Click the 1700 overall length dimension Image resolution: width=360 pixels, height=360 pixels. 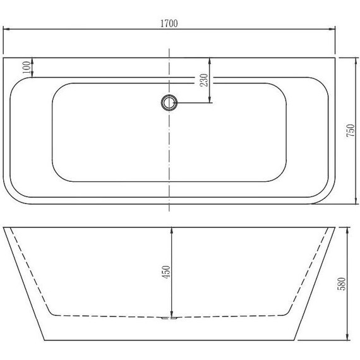pyautogui.click(x=169, y=23)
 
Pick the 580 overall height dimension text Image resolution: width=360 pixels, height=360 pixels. pyautogui.click(x=341, y=284)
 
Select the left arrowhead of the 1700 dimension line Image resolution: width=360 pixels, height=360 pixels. pyautogui.click(x=6, y=30)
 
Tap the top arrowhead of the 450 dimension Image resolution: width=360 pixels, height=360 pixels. pyautogui.click(x=172, y=230)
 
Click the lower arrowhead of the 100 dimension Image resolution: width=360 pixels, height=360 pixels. pyautogui.click(x=31, y=76)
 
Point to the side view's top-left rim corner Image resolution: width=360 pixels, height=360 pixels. pyautogui.click(x=4, y=227)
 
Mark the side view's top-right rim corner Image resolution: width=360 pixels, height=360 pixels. pyautogui.click(x=335, y=227)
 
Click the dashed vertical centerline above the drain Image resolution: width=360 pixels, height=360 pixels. pyautogui.click(x=169, y=69)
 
